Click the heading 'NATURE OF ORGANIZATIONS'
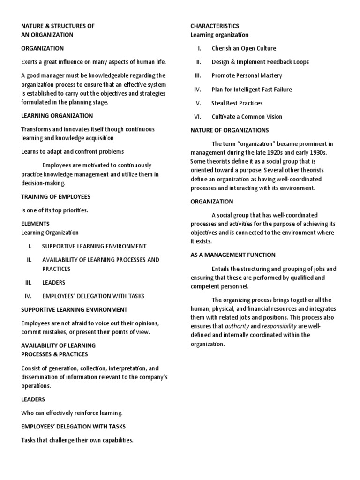229,130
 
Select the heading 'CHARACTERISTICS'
214,26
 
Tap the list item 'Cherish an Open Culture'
244,48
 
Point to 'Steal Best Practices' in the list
237,103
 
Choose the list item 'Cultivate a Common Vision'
247,117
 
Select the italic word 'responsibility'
279,326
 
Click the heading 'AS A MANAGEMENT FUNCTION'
232,255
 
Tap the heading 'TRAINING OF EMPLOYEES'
55,196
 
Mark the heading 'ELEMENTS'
35,224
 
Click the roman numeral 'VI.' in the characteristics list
197,117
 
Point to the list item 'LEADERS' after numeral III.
54,283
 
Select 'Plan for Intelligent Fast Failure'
251,90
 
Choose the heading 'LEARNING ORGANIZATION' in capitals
57,116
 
